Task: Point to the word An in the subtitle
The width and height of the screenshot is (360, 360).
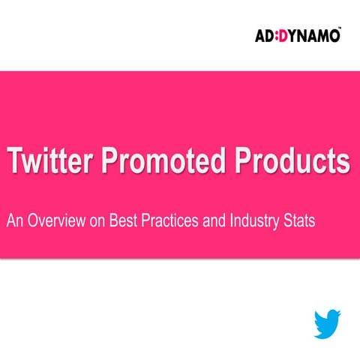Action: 15,222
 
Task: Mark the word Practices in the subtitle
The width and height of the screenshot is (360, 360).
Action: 173,222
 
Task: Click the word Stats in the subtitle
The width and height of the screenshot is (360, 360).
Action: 301,222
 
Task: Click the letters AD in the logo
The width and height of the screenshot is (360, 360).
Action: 266,34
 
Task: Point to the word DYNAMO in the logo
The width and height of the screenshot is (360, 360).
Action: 310,34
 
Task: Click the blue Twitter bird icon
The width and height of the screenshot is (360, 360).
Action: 328,322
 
